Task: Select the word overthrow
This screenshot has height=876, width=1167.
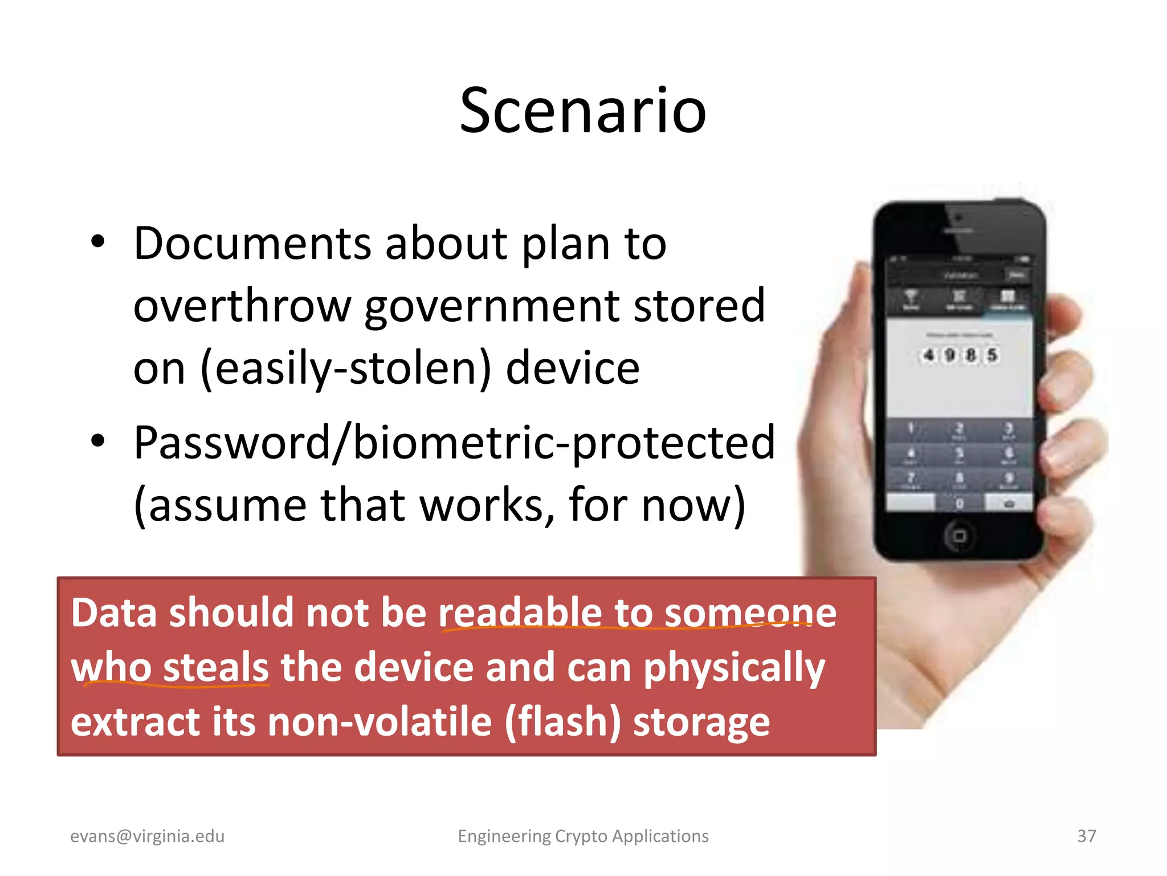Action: pyautogui.click(x=242, y=306)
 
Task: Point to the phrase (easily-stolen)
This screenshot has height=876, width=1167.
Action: pyautogui.click(x=345, y=370)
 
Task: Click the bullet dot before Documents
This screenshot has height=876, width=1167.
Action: pyautogui.click(x=98, y=242)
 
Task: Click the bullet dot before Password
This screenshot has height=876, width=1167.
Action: pyautogui.click(x=98, y=440)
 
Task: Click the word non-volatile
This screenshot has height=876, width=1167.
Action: pyautogui.click(x=380, y=722)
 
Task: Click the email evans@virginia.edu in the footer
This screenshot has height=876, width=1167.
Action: pyautogui.click(x=147, y=836)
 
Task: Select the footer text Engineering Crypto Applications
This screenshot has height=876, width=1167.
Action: pyautogui.click(x=583, y=836)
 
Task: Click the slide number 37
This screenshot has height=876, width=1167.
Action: pyautogui.click(x=1086, y=836)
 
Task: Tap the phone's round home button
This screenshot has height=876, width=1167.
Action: pyautogui.click(x=960, y=536)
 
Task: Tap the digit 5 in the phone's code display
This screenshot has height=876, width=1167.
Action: pyautogui.click(x=992, y=355)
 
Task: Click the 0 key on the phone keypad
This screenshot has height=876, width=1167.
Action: pyautogui.click(x=960, y=504)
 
